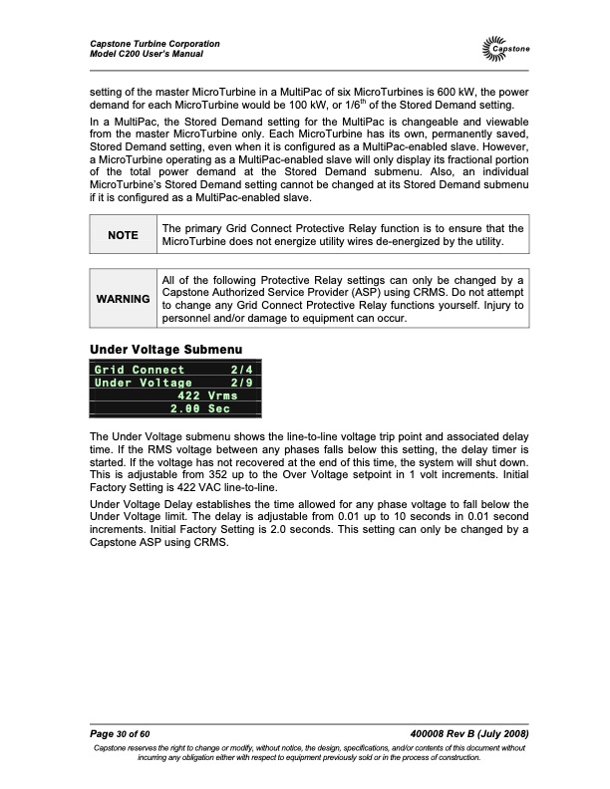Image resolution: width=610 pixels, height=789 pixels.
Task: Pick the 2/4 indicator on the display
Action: pos(241,370)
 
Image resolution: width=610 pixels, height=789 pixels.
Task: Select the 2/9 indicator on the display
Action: pos(241,383)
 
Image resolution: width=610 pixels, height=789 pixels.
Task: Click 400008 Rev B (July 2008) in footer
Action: pos(468,733)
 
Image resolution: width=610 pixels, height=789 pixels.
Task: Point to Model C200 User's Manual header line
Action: pos(147,53)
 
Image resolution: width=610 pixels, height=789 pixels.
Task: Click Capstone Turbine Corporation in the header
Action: pos(154,43)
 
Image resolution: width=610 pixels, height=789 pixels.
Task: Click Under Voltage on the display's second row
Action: pos(144,383)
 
